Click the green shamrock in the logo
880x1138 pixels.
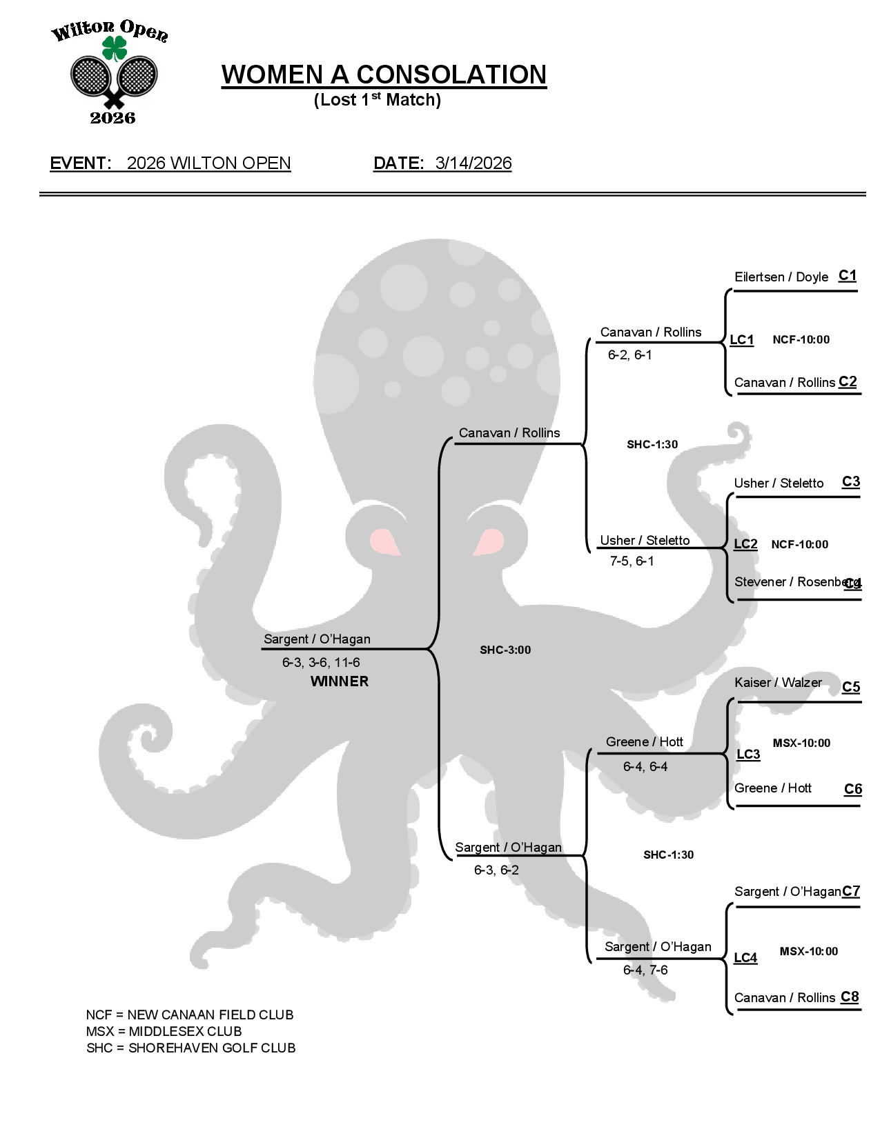(x=115, y=48)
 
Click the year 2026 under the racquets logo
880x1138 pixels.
(x=113, y=118)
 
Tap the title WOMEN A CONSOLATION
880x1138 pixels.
(x=384, y=74)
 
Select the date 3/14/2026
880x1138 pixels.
(x=473, y=163)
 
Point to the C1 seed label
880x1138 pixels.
(x=848, y=276)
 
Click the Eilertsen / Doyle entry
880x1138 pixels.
(x=781, y=277)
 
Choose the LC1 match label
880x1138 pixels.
(x=742, y=340)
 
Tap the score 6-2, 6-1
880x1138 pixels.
(x=629, y=355)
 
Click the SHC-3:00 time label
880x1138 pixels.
(x=505, y=650)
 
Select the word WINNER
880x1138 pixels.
(x=340, y=681)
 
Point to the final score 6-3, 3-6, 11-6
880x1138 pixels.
(x=321, y=663)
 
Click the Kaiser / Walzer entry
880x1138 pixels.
(x=778, y=683)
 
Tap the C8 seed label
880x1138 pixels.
(x=850, y=997)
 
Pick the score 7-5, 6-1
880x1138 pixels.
(x=632, y=561)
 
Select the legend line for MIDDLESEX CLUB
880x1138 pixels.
(x=164, y=1032)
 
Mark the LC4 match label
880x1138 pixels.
(x=745, y=958)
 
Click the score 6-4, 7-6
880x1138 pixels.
(x=645, y=970)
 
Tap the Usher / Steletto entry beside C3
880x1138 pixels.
(x=779, y=483)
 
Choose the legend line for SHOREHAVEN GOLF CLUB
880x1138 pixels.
(x=191, y=1048)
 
